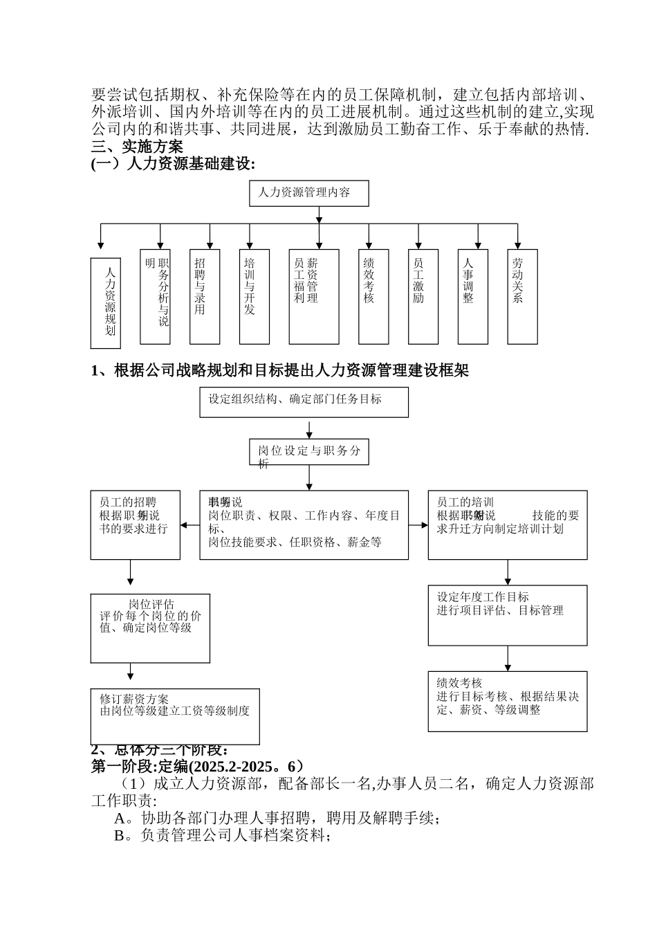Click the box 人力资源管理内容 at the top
point(308,193)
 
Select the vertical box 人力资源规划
point(106,303)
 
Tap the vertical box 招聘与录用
point(205,296)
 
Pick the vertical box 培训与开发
point(255,296)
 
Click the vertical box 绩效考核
point(373,296)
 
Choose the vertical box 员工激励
point(423,296)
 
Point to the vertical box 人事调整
point(473,296)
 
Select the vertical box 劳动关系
point(523,296)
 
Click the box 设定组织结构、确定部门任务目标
point(304,402)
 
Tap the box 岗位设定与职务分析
point(309,452)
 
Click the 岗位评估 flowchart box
point(150,628)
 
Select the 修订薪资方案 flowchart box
point(175,716)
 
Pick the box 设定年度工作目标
point(508,615)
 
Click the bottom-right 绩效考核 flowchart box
point(508,701)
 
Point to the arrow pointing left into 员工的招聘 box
point(185,525)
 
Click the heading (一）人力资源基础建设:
point(173,163)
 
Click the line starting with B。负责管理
point(222,836)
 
